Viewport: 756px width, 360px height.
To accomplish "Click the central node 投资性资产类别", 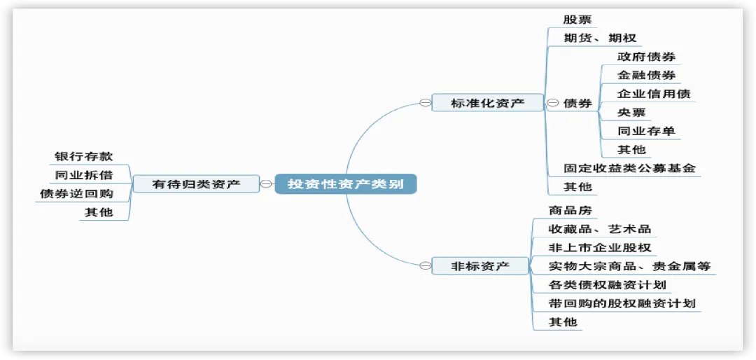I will pos(346,184).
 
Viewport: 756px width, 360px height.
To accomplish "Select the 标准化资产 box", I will pos(487,103).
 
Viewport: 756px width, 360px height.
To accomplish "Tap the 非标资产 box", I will pos(479,266).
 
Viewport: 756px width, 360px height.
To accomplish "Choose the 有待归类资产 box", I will pos(196,184).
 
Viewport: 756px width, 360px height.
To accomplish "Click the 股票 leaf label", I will pos(577,20).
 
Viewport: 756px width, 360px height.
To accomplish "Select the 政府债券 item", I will pos(646,57).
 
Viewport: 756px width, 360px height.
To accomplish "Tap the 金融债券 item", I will pos(646,75).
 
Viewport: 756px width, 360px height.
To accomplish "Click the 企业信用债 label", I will pos(654,94).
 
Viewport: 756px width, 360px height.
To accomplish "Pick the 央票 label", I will pos(631,112).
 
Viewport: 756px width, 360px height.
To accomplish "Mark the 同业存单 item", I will pos(646,131).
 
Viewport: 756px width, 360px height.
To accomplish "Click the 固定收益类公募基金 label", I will pos(630,168).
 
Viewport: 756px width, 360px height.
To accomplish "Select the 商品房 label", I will pos(570,210).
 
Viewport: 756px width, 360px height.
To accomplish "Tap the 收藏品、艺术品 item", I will pos(600,229).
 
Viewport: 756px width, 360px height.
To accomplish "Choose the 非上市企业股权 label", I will pos(600,247).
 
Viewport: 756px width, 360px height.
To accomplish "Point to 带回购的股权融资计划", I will pos(622,303).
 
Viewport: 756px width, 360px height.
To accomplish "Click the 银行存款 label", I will pos(83,156).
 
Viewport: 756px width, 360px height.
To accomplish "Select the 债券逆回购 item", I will pos(76,193).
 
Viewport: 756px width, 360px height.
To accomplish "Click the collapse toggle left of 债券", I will pos(552,103).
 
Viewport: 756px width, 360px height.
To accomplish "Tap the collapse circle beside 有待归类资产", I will pos(267,184).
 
